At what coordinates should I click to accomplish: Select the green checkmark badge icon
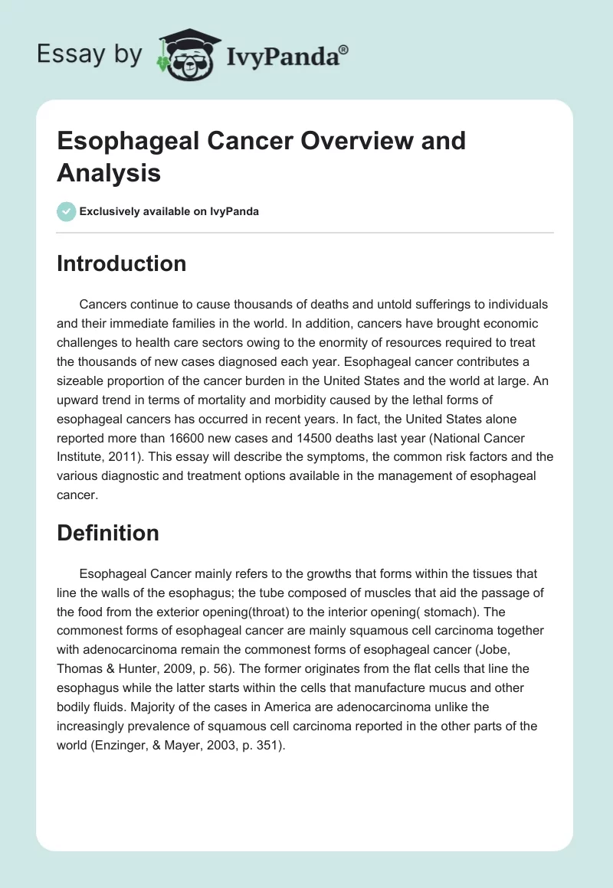pyautogui.click(x=67, y=211)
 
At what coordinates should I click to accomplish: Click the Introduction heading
pyautogui.click(x=121, y=263)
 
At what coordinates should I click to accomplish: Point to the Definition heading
pyautogui.click(x=108, y=533)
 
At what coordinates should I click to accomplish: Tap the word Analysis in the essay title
pyautogui.click(x=108, y=173)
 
